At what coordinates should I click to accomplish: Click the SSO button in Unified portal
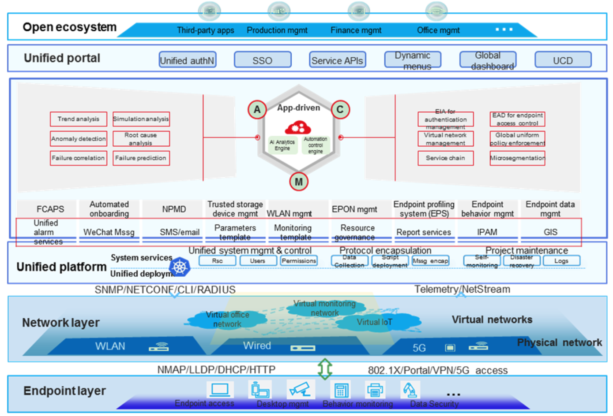pos(263,60)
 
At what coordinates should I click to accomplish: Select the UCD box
pos(563,60)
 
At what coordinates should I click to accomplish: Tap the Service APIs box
pos(337,60)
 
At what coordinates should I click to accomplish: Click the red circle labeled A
pos(257,109)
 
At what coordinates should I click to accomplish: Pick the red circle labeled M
pos(299,182)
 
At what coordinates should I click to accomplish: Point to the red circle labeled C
pos(340,109)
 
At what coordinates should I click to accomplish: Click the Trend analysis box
pos(79,119)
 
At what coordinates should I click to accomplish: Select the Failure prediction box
pos(141,158)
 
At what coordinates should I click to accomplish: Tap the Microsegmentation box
pos(517,158)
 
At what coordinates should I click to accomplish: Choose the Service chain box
pos(445,158)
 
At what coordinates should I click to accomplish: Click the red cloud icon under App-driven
pos(298,127)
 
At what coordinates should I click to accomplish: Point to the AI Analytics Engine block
pos(282,145)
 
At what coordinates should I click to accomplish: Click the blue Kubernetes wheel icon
pos(180,267)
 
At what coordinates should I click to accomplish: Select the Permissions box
pos(299,261)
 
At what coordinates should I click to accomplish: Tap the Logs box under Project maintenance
pos(561,261)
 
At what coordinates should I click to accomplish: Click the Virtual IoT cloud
pos(374,322)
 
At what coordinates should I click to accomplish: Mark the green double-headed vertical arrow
pos(325,369)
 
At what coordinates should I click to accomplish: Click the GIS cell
pos(550,232)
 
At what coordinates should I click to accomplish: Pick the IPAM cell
pos(487,232)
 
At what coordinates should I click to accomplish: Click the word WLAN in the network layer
pos(110,346)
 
